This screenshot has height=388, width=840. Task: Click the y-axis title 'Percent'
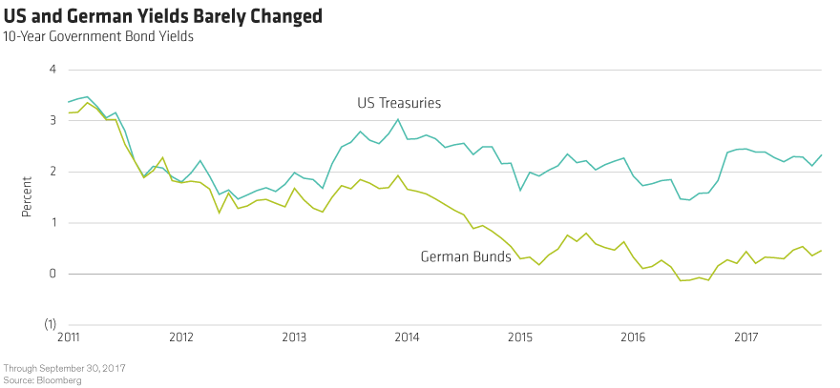(26, 196)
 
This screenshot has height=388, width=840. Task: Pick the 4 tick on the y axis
(53, 70)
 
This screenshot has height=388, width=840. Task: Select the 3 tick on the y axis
(53, 121)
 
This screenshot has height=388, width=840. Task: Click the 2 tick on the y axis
(53, 172)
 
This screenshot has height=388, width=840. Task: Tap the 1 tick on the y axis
(53, 223)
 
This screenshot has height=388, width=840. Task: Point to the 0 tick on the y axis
(53, 274)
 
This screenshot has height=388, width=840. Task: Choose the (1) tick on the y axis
(52, 324)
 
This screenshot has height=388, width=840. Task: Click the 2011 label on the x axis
(69, 337)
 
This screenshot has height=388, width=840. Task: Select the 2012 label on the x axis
(181, 337)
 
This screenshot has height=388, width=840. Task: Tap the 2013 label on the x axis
(294, 337)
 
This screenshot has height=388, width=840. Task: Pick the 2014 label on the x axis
(407, 337)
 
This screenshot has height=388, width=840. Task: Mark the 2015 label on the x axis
(519, 337)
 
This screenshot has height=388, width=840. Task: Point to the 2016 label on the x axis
(632, 337)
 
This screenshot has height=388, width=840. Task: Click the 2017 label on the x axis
(745, 337)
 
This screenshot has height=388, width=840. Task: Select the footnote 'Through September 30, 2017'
(66, 368)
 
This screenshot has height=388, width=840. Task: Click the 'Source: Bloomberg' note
(42, 379)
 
